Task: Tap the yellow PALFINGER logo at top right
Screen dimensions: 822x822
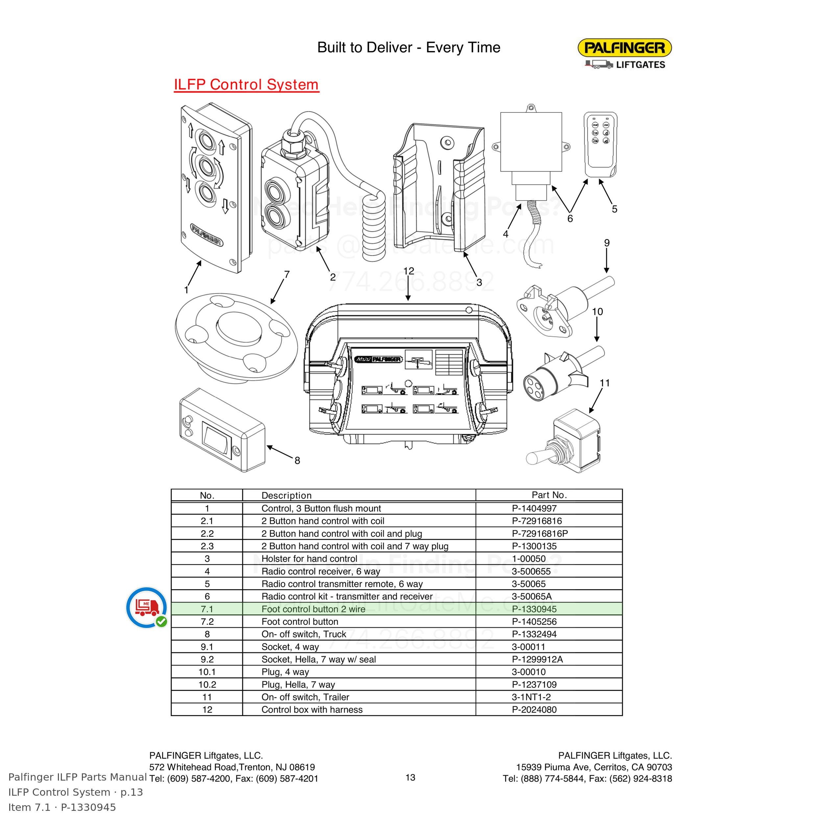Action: coord(624,48)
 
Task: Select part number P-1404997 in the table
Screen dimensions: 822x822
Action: coord(534,508)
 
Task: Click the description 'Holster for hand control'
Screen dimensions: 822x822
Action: coord(309,559)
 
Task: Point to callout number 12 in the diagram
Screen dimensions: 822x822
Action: coord(408,271)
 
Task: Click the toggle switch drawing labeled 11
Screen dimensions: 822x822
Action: coord(564,441)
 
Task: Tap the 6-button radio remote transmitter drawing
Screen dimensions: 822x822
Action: coord(600,145)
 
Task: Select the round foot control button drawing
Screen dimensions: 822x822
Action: coord(236,338)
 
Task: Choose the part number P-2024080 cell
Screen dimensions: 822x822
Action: coord(534,710)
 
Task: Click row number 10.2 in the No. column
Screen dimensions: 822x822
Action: coord(207,685)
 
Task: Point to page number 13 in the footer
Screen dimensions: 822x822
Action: coord(410,778)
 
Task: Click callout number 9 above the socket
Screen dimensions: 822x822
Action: coord(607,243)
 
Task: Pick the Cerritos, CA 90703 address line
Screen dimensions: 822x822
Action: coord(594,767)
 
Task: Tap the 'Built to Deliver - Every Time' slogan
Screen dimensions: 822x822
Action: coord(409,47)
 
